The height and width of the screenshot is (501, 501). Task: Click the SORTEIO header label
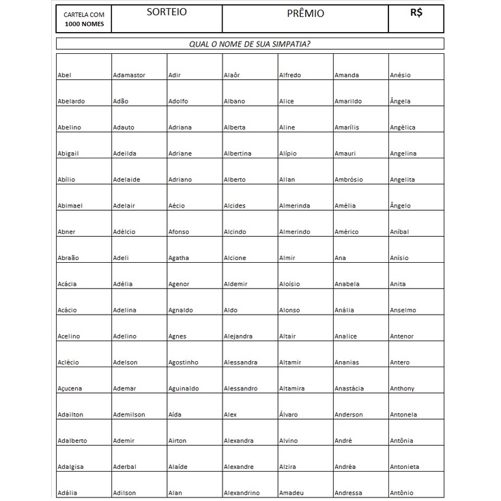[167, 12]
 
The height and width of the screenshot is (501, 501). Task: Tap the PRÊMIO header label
[305, 14]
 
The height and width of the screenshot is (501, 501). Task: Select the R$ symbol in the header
[416, 12]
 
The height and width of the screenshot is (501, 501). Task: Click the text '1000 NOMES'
[84, 24]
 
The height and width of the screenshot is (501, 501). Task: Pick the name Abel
[64, 75]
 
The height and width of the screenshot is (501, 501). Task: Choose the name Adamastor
[129, 75]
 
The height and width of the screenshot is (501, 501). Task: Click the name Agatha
[179, 258]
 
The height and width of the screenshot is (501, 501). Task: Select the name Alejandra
[238, 337]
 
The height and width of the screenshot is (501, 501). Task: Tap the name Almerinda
[294, 205]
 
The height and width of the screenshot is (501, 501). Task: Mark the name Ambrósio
[349, 180]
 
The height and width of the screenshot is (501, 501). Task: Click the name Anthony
[402, 388]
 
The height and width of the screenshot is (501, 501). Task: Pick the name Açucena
[70, 389]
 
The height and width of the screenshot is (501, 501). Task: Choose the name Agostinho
[183, 362]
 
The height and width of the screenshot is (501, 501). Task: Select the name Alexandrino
[242, 493]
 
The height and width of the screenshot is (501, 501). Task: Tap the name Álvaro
[289, 414]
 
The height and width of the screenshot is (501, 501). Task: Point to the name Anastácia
[349, 388]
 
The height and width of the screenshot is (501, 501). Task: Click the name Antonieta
[405, 467]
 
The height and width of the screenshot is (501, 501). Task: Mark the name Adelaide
[127, 180]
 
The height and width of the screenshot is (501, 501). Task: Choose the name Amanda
[347, 75]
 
